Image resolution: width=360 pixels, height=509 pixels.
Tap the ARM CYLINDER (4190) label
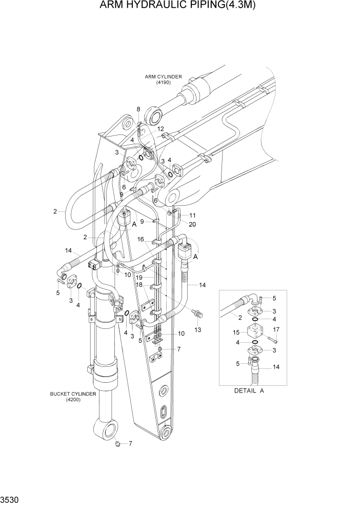[x=163, y=80]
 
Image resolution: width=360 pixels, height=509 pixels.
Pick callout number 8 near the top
[x=138, y=109]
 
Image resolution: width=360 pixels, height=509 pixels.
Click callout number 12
[x=161, y=129]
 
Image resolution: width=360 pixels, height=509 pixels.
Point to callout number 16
[x=140, y=239]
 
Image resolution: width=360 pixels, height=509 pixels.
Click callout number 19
[x=139, y=277]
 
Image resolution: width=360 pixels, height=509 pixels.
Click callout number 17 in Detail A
[x=276, y=329]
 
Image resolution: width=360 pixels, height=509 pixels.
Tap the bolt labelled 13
[x=197, y=312]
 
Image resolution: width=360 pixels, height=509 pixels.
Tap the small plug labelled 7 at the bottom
[x=117, y=443]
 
